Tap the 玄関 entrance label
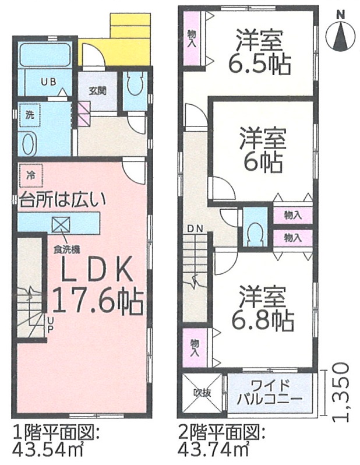click(x=97, y=91)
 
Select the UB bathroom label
click(x=48, y=82)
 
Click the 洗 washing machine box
click(x=29, y=115)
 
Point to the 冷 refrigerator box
click(x=31, y=176)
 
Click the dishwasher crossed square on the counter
click(x=61, y=226)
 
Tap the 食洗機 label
click(x=66, y=250)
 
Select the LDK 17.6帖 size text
click(x=97, y=286)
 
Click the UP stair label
click(x=51, y=324)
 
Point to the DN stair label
click(x=195, y=228)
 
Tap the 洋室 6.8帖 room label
click(x=263, y=308)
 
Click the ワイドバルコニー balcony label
click(x=270, y=392)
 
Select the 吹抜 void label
click(x=202, y=393)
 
